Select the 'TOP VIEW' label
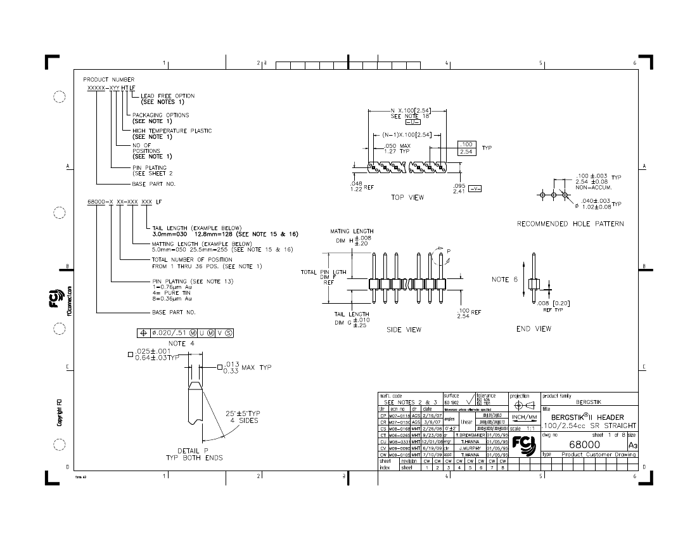tap(407, 197)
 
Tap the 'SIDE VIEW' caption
tap(404, 330)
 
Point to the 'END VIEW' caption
tap(534, 328)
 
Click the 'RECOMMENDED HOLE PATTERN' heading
tap(570, 224)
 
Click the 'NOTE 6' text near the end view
tap(504, 279)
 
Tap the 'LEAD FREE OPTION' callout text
tap(167, 96)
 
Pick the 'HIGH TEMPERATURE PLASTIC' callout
tap(172, 131)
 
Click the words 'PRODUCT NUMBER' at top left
tap(109, 79)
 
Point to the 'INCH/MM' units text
tap(525, 417)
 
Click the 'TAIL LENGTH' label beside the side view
tap(352, 314)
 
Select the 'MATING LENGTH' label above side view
tap(353, 231)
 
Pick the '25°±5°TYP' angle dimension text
tap(243, 413)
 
